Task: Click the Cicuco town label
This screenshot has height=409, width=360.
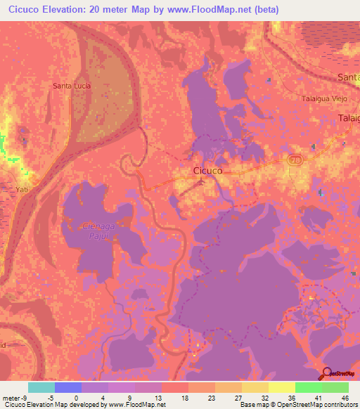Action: point(208,170)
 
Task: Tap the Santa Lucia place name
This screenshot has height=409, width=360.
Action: point(71,86)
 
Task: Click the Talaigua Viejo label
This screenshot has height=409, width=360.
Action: point(326,99)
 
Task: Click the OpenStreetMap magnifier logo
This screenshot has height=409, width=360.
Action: point(326,373)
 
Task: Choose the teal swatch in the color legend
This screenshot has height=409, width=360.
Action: point(41,387)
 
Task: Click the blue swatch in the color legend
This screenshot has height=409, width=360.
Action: point(68,387)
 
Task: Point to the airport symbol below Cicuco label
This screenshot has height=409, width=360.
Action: point(202,182)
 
